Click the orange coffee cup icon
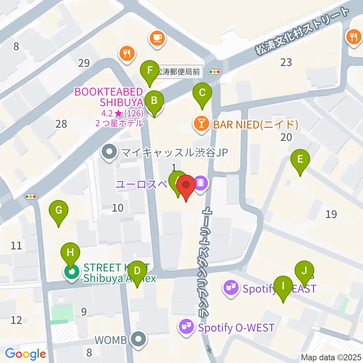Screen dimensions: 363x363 pyautogui.click(x=157, y=38)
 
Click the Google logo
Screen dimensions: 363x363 pyautogui.click(x=26, y=354)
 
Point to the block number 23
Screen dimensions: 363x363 pyautogui.click(x=286, y=62)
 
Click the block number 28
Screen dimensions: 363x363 pyautogui.click(x=61, y=124)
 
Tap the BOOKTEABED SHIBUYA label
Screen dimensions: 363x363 pyautogui.click(x=109, y=97)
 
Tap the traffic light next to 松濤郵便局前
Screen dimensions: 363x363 pyautogui.click(x=215, y=72)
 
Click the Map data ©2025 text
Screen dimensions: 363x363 pyautogui.click(x=331, y=357)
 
